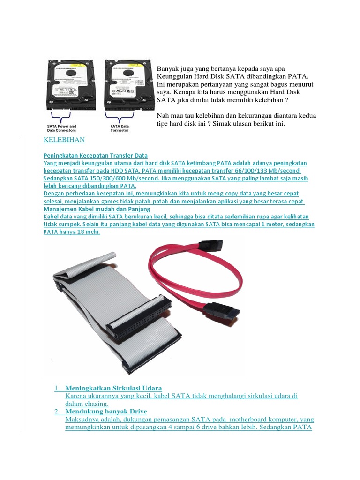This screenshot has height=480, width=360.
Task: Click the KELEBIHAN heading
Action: pos(64,140)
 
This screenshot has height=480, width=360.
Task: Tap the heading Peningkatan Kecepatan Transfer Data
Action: pos(96,155)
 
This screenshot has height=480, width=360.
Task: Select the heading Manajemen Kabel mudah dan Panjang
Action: pos(97,209)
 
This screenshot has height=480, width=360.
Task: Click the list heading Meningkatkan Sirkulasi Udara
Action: pos(113,388)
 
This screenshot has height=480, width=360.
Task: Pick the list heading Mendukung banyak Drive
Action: pos(106,412)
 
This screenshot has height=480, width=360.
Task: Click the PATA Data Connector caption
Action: pos(120,128)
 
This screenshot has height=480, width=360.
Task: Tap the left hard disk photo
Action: pos(70,84)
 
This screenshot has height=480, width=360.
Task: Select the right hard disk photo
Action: pos(125,84)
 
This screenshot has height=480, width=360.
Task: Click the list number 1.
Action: pos(57,388)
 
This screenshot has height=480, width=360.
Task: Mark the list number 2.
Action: pos(57,412)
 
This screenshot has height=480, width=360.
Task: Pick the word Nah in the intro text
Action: pos(162,116)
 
